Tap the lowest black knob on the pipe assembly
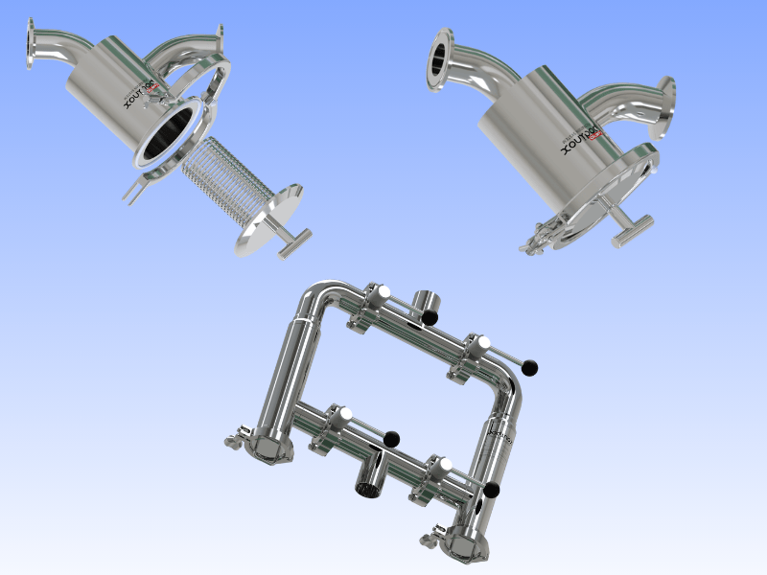click(491, 491)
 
